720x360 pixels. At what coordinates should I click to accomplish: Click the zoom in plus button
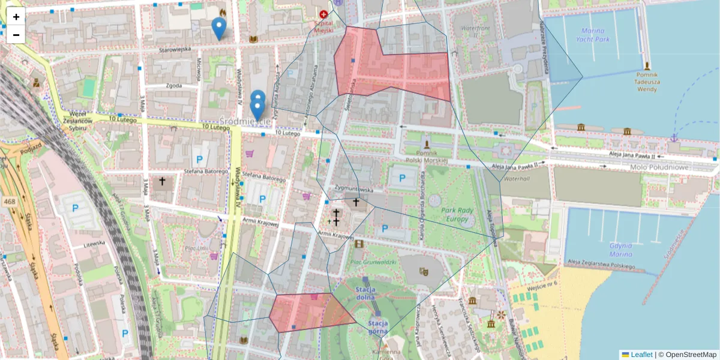(16, 17)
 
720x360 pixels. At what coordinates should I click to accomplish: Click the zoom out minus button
(16, 35)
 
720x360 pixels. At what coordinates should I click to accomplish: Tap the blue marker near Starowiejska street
(219, 28)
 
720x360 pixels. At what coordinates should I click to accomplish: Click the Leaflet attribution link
(641, 355)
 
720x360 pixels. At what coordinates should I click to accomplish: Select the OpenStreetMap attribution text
(691, 355)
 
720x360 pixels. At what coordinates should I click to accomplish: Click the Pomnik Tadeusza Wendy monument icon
(647, 65)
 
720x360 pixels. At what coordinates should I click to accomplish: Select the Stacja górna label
(379, 328)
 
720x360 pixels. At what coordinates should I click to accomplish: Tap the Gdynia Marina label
(622, 250)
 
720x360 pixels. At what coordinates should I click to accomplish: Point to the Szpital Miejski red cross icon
(324, 13)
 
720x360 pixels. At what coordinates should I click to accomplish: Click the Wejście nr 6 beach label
(542, 283)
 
